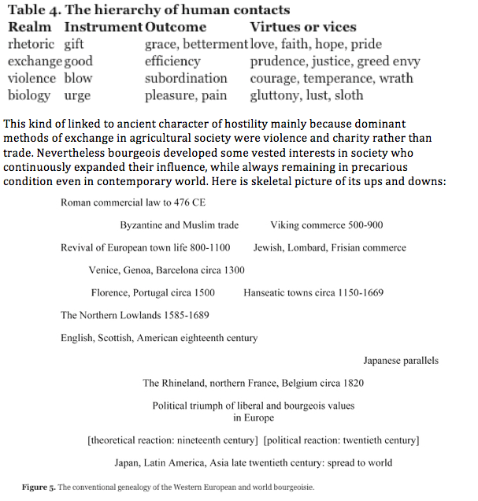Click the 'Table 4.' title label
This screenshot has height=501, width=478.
pyautogui.click(x=39, y=10)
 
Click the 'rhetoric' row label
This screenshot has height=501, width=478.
pyautogui.click(x=31, y=44)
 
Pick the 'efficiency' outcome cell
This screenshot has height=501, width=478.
pyautogui.click(x=172, y=61)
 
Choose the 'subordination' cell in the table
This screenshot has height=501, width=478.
pyautogui.click(x=186, y=79)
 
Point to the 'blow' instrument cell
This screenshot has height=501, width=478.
pyautogui.click(x=78, y=79)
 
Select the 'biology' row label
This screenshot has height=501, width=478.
pyautogui.click(x=29, y=96)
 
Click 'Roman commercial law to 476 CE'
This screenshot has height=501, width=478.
pyautogui.click(x=129, y=202)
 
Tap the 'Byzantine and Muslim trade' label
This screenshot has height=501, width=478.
pyautogui.click(x=180, y=225)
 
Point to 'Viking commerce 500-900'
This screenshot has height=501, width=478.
pyautogui.click(x=327, y=225)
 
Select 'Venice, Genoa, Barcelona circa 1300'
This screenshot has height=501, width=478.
pyautogui.click(x=167, y=270)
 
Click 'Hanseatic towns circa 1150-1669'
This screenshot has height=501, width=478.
pyautogui.click(x=313, y=293)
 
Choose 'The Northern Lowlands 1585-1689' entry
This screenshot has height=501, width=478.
pyautogui.click(x=134, y=316)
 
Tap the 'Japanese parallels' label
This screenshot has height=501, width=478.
pyautogui.click(x=401, y=361)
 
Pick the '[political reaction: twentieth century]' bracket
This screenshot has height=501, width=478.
pyautogui.click(x=341, y=440)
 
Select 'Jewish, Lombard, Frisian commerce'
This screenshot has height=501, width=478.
pyautogui.click(x=330, y=247)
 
